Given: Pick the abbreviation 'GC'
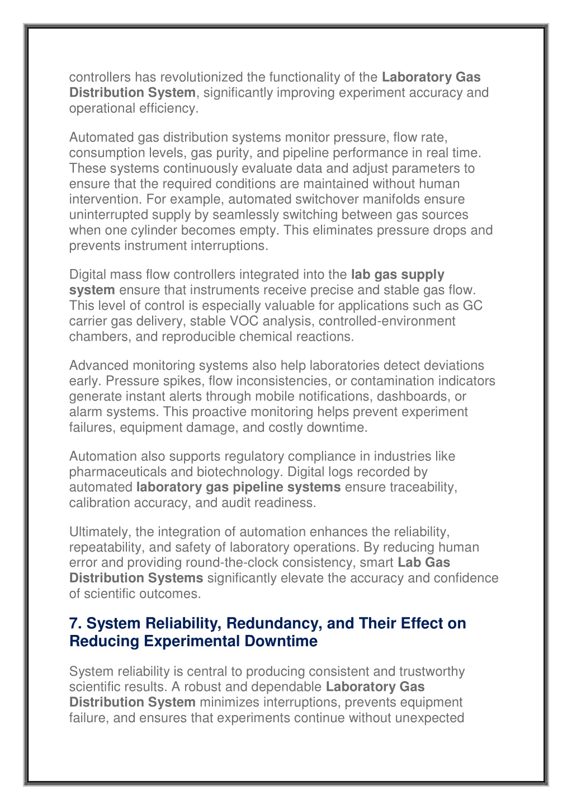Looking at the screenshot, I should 472,305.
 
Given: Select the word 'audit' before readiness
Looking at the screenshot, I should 235,503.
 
